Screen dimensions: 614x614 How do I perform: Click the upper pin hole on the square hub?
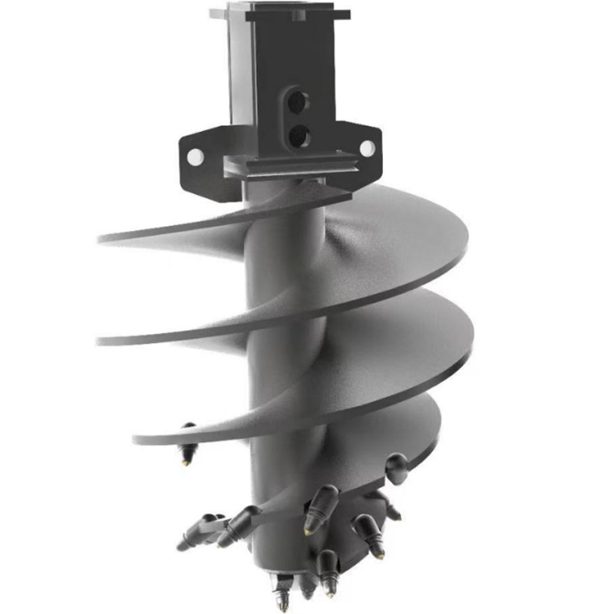[298, 101]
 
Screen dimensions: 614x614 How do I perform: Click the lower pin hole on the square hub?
[298, 136]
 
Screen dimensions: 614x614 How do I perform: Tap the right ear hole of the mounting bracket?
[367, 147]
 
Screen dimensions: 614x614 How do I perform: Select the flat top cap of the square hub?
[280, 13]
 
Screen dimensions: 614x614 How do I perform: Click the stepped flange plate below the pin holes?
[292, 166]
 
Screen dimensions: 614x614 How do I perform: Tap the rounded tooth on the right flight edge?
[397, 467]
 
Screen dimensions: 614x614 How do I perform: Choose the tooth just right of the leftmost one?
[238, 525]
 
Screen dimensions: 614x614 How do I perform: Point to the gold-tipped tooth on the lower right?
[368, 534]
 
